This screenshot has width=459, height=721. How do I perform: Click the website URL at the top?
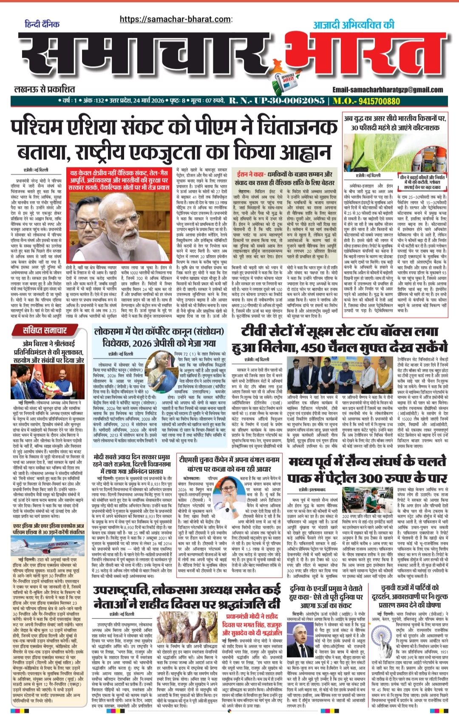[x=176, y=19]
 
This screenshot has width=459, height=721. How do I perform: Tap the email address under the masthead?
[x=388, y=90]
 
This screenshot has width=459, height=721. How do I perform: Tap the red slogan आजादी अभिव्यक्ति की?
[x=354, y=25]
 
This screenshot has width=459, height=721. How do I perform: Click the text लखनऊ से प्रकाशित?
[x=45, y=89]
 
